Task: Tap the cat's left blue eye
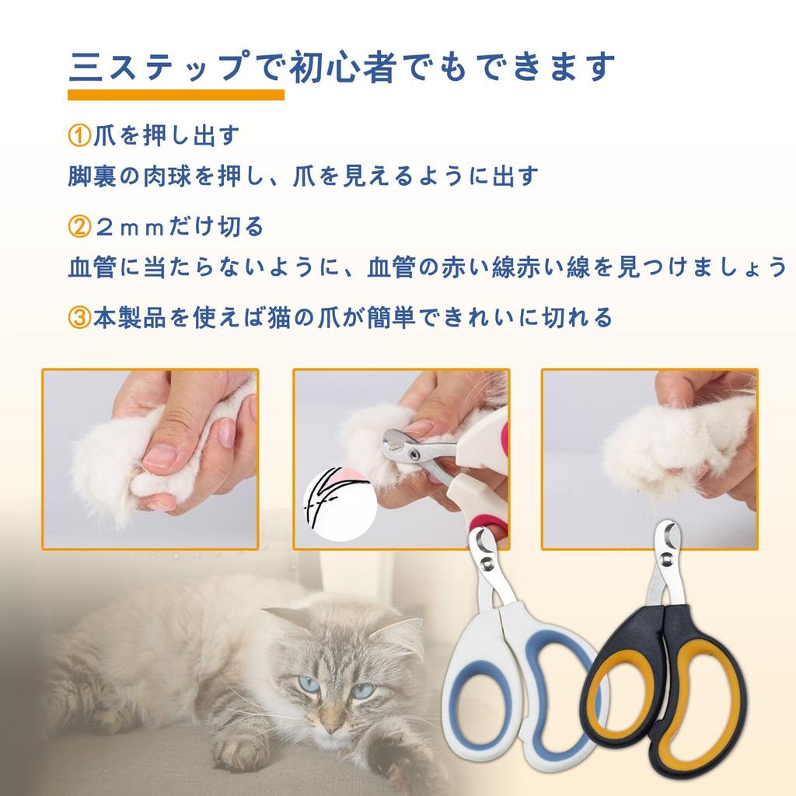click(x=309, y=685)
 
